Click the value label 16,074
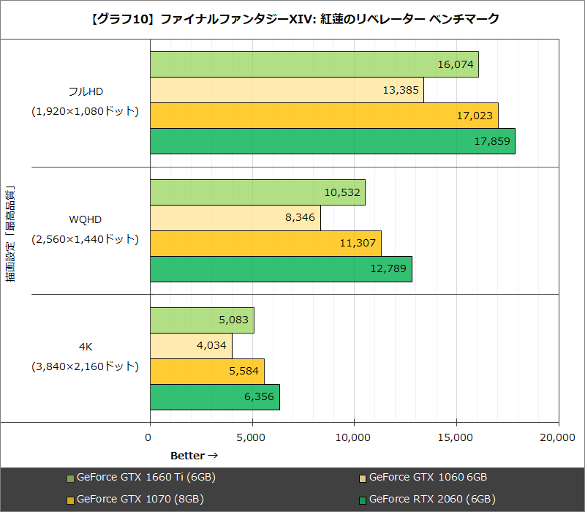pos(456,64)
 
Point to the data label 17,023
pos(476,116)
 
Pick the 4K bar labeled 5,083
pos(202,320)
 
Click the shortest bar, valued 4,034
pos(191,346)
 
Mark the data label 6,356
pos(257,397)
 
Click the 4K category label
pos(85,346)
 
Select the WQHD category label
pos(85,219)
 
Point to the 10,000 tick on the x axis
pos(354,437)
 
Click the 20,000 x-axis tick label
pos(557,437)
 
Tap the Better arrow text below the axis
pos(195,456)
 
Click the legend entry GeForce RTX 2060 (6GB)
pos(432,500)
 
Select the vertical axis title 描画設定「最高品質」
pos(11,234)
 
